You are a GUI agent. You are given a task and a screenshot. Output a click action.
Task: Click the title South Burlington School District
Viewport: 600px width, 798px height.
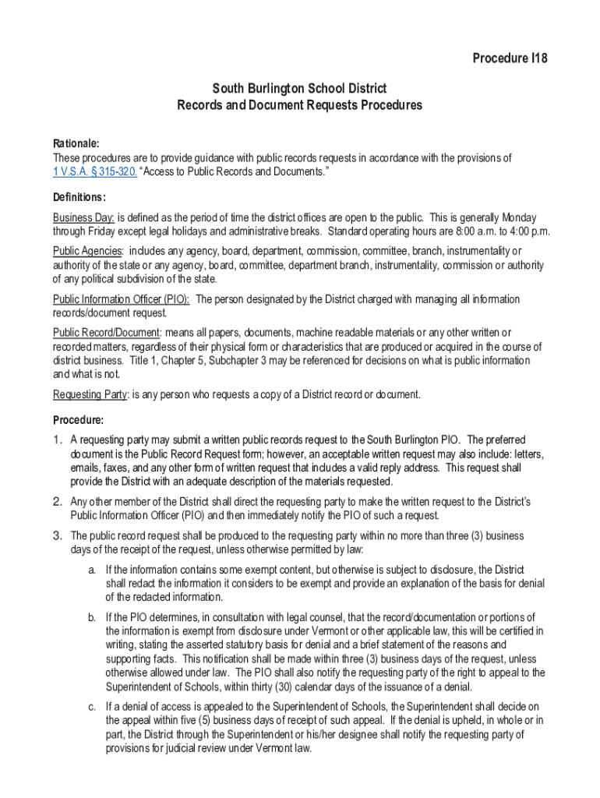pos(300,89)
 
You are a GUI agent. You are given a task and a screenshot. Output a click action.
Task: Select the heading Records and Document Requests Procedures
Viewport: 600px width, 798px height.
pos(300,105)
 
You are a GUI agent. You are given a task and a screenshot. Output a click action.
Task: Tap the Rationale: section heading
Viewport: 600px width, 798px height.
pos(76,143)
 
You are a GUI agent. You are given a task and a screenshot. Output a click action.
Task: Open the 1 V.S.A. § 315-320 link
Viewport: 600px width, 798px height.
pos(95,172)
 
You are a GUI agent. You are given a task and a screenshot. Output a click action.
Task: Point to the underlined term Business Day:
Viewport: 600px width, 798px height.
pos(84,217)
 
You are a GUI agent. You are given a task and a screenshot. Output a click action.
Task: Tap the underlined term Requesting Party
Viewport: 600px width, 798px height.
pos(90,394)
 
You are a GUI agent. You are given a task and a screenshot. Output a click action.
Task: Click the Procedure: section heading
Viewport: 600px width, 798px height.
pos(78,419)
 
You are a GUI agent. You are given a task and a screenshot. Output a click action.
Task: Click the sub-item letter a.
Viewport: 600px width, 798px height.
pos(92,570)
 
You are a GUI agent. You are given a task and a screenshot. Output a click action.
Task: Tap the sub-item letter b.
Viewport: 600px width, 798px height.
pos(92,617)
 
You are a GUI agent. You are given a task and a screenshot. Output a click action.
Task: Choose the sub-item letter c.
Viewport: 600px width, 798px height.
pos(92,707)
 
